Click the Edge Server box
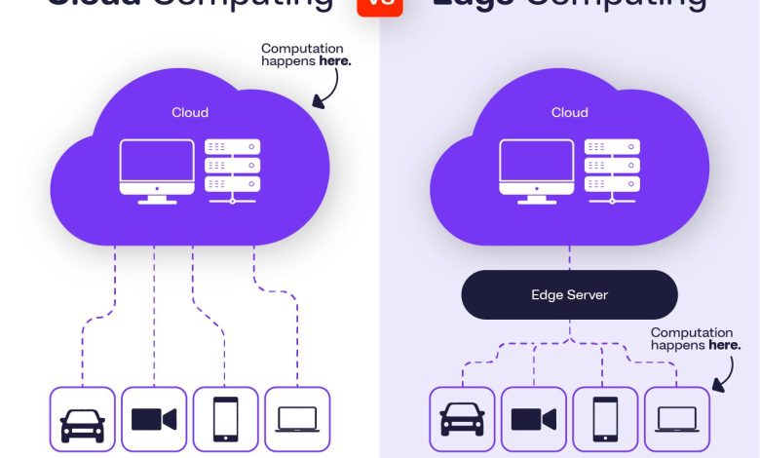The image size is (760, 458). (569, 294)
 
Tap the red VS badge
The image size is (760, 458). (380, 5)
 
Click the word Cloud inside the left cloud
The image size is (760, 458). (190, 112)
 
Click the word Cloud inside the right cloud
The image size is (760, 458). (570, 112)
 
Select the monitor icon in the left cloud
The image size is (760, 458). (156, 171)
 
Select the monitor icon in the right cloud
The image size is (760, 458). (536, 171)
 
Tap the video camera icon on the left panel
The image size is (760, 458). (154, 420)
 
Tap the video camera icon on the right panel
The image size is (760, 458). (534, 420)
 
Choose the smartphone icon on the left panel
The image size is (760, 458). (225, 420)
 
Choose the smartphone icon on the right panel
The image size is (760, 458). (605, 420)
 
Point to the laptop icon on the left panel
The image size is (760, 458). (297, 420)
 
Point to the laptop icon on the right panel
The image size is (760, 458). (677, 420)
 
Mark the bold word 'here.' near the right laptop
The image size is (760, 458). (724, 345)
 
